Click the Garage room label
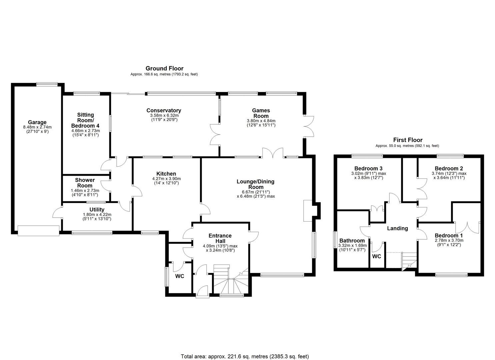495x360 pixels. point(37,122)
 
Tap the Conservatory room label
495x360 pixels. point(164,110)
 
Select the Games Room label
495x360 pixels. point(261,113)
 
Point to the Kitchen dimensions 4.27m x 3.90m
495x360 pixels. point(166,179)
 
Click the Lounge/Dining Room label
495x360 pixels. point(255,184)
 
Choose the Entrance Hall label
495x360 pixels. point(220,238)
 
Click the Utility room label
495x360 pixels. point(97,210)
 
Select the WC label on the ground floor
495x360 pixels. point(180,276)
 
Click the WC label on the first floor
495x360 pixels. point(376,256)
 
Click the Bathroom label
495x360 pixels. point(352,240)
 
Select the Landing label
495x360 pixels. point(397,228)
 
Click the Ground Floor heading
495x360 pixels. point(164,68)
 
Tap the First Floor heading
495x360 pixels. point(407,140)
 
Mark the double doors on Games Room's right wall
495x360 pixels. point(309,126)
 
